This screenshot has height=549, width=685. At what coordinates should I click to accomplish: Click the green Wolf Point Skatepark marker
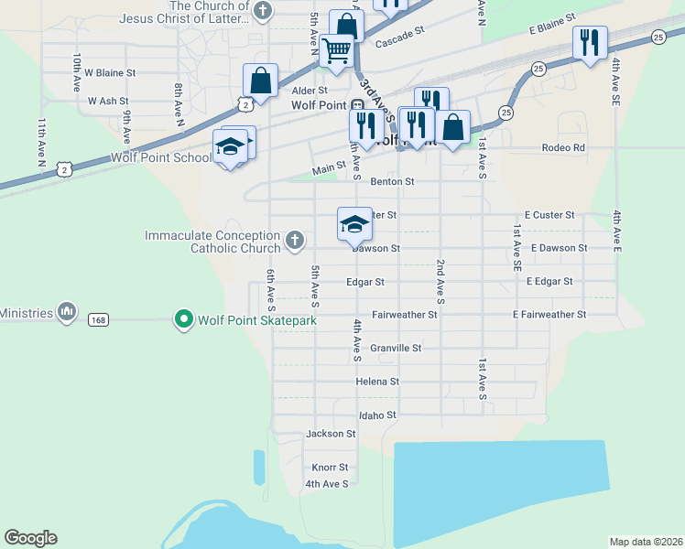(x=183, y=319)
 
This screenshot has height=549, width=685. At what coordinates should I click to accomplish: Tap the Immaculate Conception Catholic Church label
(x=212, y=242)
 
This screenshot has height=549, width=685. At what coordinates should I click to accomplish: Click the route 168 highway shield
(x=99, y=319)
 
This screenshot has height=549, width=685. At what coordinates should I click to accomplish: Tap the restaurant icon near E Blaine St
(x=590, y=41)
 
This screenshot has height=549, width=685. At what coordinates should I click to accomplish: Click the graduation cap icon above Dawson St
(x=354, y=222)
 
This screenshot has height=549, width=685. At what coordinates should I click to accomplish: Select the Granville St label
(x=396, y=348)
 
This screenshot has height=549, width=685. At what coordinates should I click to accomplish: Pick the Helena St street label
(x=377, y=382)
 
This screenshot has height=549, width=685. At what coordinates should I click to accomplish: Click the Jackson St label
(x=331, y=434)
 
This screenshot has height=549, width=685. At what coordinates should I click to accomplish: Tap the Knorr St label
(x=330, y=467)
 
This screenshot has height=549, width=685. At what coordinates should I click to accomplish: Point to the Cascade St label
(x=400, y=42)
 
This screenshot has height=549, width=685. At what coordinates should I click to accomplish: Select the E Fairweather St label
(x=549, y=315)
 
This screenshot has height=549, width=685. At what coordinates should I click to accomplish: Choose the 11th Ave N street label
(x=41, y=141)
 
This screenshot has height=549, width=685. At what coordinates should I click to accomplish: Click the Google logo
(x=30, y=538)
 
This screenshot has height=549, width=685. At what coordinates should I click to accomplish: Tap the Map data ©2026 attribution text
(x=646, y=542)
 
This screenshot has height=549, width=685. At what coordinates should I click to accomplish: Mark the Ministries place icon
(x=66, y=313)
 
